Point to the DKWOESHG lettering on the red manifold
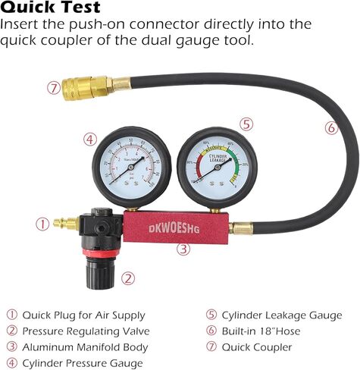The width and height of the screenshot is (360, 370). click(x=177, y=226)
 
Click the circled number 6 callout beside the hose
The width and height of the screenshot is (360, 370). click(x=331, y=128)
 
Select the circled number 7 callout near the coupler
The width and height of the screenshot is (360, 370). click(x=52, y=88)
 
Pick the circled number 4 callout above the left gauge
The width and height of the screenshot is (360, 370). click(x=89, y=140)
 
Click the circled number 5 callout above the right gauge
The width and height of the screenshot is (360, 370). click(x=246, y=124)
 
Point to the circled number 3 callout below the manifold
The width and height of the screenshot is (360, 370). click(x=183, y=249)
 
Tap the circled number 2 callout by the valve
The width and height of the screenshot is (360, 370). click(x=128, y=277)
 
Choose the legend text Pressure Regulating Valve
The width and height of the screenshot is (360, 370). click(x=86, y=331)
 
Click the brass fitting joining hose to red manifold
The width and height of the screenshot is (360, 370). click(x=241, y=227)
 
